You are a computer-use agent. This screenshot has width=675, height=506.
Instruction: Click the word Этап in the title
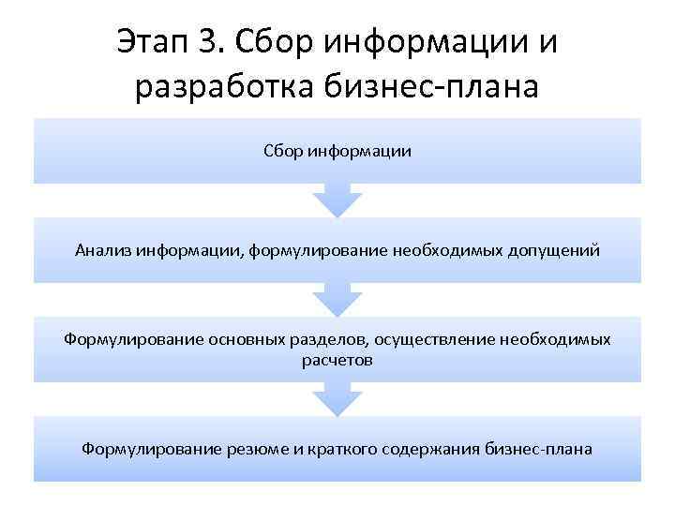coord(152,41)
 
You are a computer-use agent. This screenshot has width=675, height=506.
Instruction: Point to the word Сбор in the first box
coord(281,150)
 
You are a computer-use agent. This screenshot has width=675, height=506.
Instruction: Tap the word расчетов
coord(337,360)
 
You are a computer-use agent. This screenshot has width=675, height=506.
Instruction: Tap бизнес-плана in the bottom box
coord(539,449)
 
